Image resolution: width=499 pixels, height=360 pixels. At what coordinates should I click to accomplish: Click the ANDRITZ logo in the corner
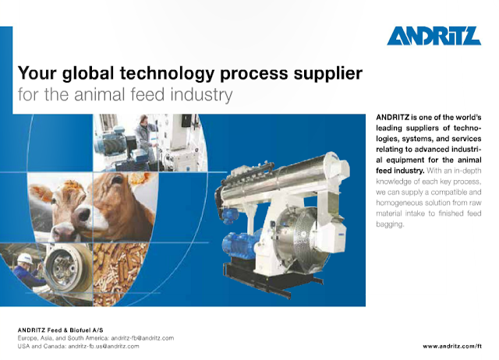click(434, 36)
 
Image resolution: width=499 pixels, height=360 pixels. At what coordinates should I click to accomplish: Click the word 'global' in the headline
click(88, 73)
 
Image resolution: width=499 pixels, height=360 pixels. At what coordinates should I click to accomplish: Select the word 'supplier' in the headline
click(328, 74)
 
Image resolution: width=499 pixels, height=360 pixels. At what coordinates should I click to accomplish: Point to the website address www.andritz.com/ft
click(452, 346)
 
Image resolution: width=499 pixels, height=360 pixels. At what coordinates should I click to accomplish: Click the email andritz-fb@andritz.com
click(142, 338)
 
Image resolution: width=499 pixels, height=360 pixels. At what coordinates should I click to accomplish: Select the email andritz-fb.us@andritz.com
click(104, 346)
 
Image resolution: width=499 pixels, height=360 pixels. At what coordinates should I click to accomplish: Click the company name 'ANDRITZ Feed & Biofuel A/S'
click(61, 330)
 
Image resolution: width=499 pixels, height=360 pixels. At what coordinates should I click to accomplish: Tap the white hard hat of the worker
click(25, 258)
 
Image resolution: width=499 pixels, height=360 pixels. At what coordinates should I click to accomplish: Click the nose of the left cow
click(83, 214)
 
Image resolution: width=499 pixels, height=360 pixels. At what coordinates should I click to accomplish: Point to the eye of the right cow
click(117, 180)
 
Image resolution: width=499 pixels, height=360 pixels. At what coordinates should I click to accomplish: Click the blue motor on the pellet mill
click(239, 245)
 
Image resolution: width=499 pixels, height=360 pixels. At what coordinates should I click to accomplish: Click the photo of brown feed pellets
click(119, 274)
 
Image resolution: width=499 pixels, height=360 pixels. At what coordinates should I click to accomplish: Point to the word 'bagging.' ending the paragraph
click(390, 224)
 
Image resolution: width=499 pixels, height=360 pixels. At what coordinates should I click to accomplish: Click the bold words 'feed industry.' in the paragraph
click(400, 171)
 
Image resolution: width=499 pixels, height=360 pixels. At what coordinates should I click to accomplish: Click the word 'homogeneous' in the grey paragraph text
click(398, 203)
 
